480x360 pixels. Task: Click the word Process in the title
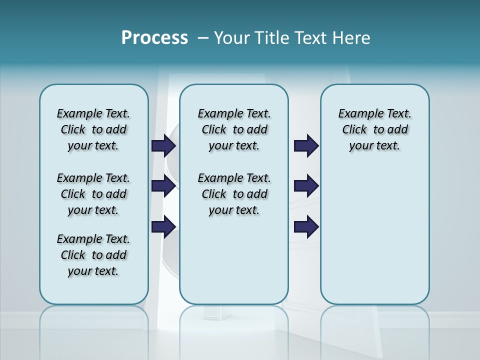[154, 37]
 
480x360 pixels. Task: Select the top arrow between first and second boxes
[163, 145]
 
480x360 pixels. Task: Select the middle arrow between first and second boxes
[163, 186]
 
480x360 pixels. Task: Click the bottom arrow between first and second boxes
[163, 227]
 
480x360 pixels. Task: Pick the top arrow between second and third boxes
[306, 145]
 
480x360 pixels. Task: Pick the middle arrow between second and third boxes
[306, 186]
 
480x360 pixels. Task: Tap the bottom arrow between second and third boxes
[306, 227]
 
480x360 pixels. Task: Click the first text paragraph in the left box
[93, 129]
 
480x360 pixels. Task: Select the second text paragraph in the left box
[93, 194]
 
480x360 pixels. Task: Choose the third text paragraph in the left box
[93, 255]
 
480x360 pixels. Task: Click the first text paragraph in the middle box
[234, 129]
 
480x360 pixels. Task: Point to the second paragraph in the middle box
[234, 194]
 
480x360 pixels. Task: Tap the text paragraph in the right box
[374, 129]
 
